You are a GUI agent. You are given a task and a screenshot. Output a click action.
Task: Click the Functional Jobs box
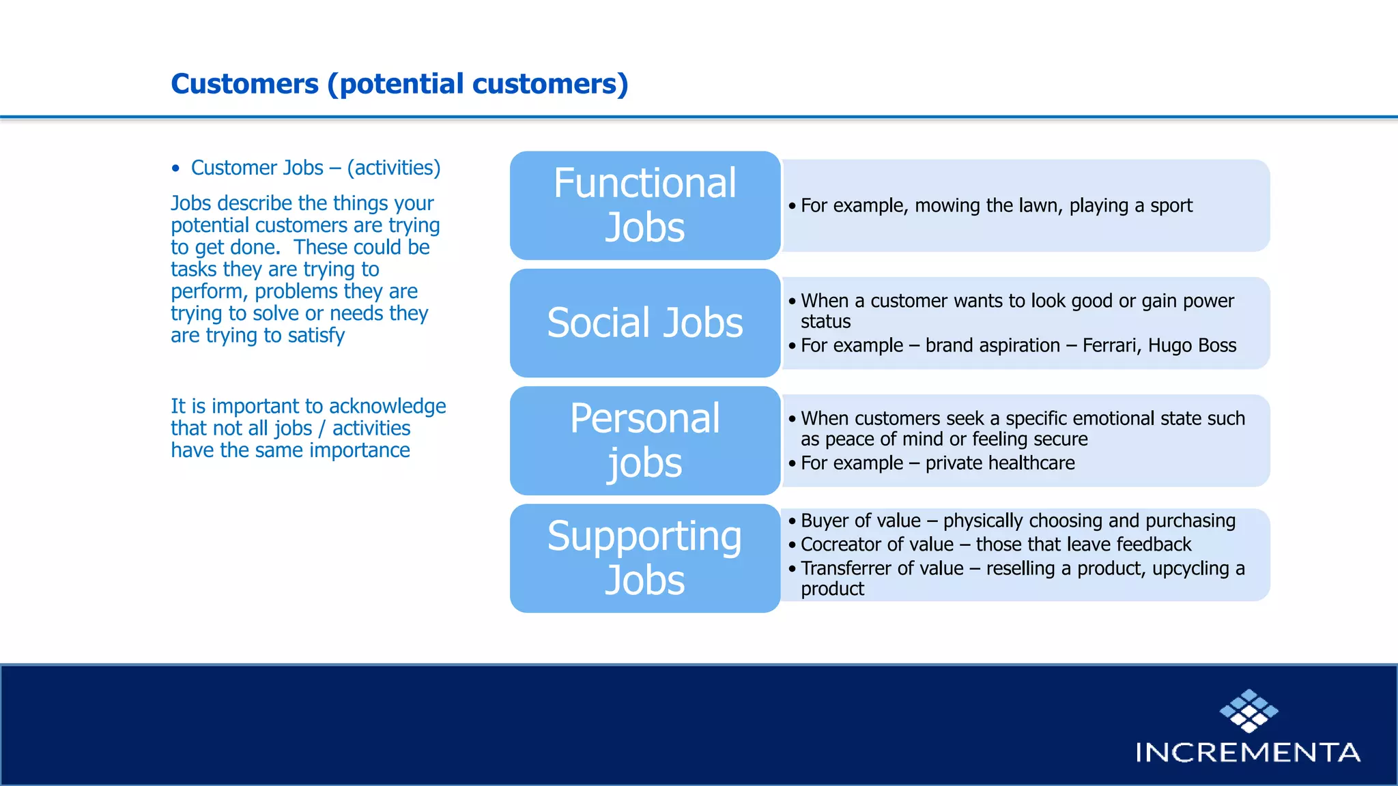[x=644, y=205]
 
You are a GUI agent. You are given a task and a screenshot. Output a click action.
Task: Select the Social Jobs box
[x=644, y=323]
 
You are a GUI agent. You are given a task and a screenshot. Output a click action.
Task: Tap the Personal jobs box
[x=644, y=440]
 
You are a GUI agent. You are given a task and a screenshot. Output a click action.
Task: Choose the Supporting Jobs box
[x=644, y=557]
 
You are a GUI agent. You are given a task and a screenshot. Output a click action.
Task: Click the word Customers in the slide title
[x=244, y=84]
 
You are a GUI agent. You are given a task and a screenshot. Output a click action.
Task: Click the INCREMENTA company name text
[x=1248, y=753]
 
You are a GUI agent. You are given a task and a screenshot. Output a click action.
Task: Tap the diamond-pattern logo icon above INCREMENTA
[x=1249, y=710]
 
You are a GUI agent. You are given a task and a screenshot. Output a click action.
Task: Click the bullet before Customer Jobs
[x=176, y=169]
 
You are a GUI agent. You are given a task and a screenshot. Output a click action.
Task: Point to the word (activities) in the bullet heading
[x=394, y=168]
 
